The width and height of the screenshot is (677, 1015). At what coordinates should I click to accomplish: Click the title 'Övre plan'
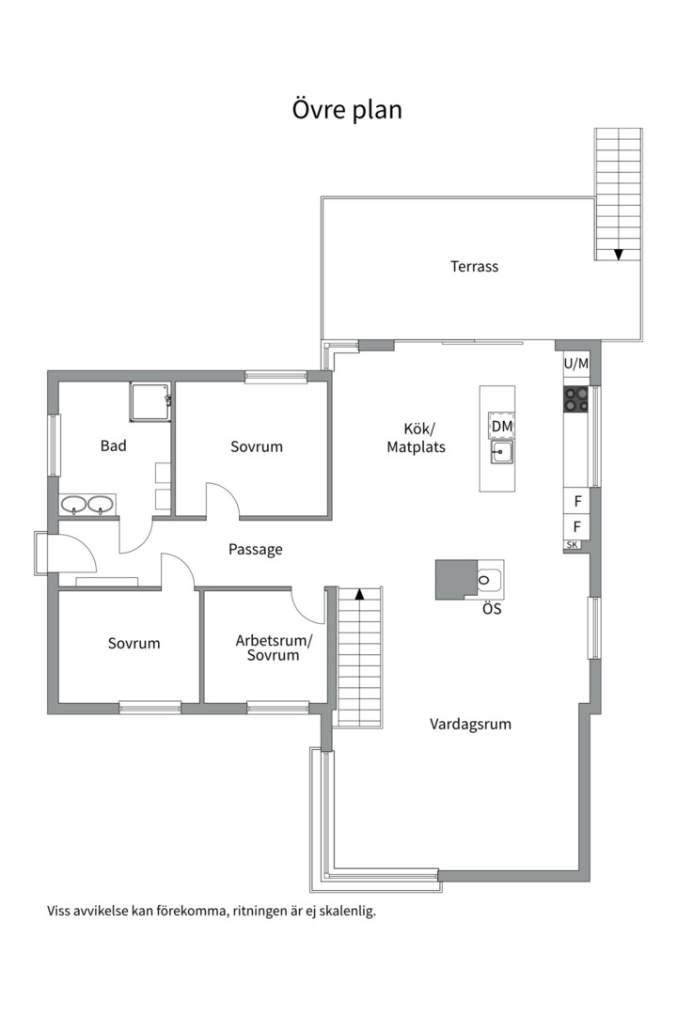coord(347,109)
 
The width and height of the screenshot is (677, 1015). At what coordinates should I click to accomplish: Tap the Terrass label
coord(474,266)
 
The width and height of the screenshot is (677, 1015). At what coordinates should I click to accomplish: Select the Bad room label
coord(114,445)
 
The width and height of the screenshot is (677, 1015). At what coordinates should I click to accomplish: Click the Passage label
coord(255,550)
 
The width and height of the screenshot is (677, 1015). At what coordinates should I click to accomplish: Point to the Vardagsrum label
coord(470,724)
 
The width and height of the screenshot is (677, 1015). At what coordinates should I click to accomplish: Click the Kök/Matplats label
coord(416,438)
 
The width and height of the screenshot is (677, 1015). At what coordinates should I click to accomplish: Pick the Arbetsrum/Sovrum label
coord(274,648)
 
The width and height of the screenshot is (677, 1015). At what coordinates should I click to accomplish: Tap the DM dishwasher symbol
coord(501,426)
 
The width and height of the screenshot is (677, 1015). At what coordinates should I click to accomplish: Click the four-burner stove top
coord(575,398)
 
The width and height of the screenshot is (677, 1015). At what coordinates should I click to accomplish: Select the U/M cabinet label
coord(576,364)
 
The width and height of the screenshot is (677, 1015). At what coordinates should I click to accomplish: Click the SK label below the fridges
coord(572,545)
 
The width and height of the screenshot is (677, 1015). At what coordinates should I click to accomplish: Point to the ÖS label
coord(492,609)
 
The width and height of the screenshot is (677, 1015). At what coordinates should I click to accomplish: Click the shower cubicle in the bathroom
coord(150,401)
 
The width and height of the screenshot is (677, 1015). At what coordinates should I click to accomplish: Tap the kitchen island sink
coord(501,451)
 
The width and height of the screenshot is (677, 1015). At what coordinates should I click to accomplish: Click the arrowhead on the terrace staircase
coord(619,255)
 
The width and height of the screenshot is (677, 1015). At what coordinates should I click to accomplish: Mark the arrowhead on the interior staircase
coord(359,593)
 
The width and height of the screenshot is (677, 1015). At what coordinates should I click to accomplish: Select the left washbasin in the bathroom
coord(74,504)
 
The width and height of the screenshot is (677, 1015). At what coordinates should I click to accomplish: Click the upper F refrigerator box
coord(577,501)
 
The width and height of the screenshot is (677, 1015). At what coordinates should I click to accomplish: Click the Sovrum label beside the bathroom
coord(257,446)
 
